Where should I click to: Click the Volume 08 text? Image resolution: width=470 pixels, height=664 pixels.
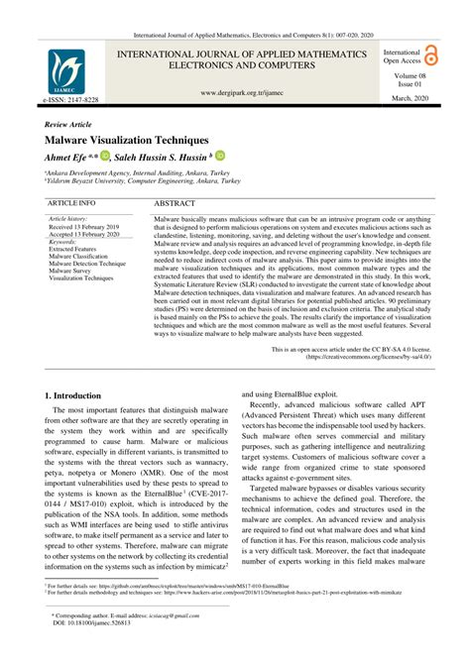click(409, 75)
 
